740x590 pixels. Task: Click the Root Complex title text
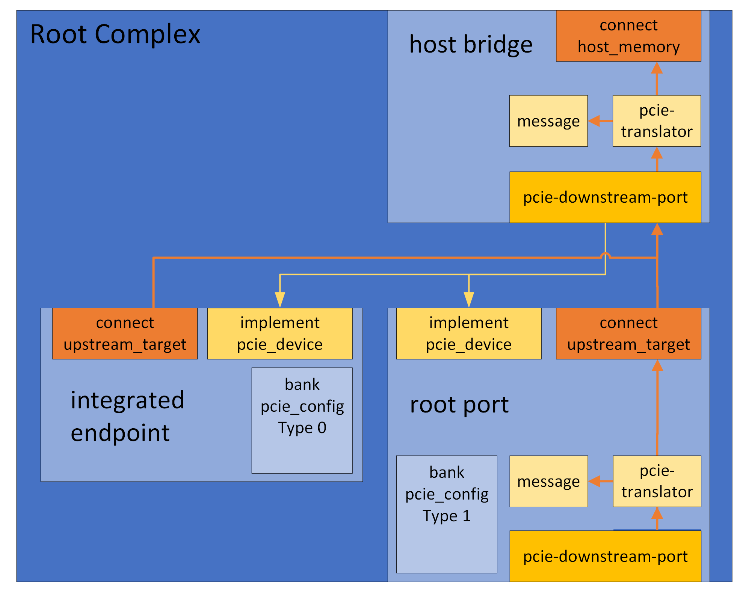point(115,35)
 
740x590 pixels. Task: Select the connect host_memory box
point(628,36)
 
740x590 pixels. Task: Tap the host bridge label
point(470,45)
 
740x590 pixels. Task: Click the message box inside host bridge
point(548,121)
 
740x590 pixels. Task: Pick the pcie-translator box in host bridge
point(656,121)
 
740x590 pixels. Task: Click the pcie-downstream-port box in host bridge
point(605,197)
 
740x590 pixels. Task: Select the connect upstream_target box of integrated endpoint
point(125,333)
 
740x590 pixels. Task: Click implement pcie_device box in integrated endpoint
point(279,333)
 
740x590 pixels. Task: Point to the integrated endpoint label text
point(127,416)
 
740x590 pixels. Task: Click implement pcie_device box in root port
point(468,333)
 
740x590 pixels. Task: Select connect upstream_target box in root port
point(628,333)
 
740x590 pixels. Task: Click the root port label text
point(459,405)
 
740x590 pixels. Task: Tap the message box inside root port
point(548,481)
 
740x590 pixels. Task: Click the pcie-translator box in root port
point(657,481)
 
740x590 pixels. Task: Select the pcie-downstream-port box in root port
point(605,556)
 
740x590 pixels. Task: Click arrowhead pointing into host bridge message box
point(594,121)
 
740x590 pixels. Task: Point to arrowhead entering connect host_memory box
point(656,68)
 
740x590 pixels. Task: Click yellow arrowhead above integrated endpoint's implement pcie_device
point(280,300)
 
